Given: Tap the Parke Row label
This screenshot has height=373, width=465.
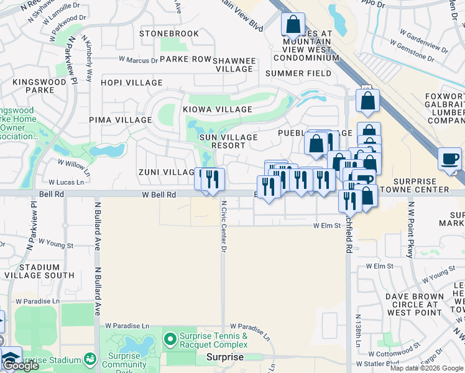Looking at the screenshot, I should pos(186,59).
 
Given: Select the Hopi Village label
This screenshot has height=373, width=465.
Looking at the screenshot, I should pos(131,83).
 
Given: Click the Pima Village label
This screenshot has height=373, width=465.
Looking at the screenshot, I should pos(120,120).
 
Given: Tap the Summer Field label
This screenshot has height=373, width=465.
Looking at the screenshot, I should pos(298,73).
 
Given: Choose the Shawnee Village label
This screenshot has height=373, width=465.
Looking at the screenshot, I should pos(234,65).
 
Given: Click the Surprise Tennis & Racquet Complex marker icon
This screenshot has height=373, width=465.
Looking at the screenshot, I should pos(168,339).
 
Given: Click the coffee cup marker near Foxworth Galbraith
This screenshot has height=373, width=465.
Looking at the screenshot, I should pos(449,159).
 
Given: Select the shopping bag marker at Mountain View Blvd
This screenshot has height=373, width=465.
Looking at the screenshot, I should pos(292,25).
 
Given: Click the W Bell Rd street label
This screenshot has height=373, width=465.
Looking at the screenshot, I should pos(159,195).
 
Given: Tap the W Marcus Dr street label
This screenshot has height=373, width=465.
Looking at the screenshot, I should pos(139,60).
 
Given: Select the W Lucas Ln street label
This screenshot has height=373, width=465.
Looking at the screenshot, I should pos(66,182).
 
